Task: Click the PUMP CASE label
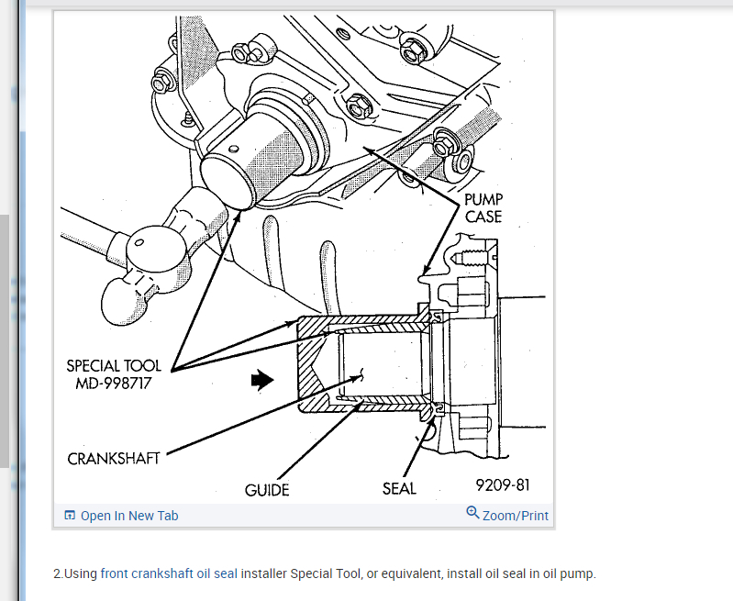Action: click(483, 207)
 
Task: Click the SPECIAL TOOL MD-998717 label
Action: click(114, 374)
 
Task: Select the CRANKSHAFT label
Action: click(114, 458)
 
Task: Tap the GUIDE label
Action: click(267, 490)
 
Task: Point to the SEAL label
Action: click(399, 488)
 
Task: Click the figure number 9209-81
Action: click(502, 484)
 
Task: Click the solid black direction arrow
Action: click(263, 379)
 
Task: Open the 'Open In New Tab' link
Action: click(129, 516)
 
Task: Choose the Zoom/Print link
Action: click(516, 516)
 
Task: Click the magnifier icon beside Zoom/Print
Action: click(473, 513)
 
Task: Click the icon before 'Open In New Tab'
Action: click(70, 516)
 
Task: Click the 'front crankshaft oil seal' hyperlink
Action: click(169, 573)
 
